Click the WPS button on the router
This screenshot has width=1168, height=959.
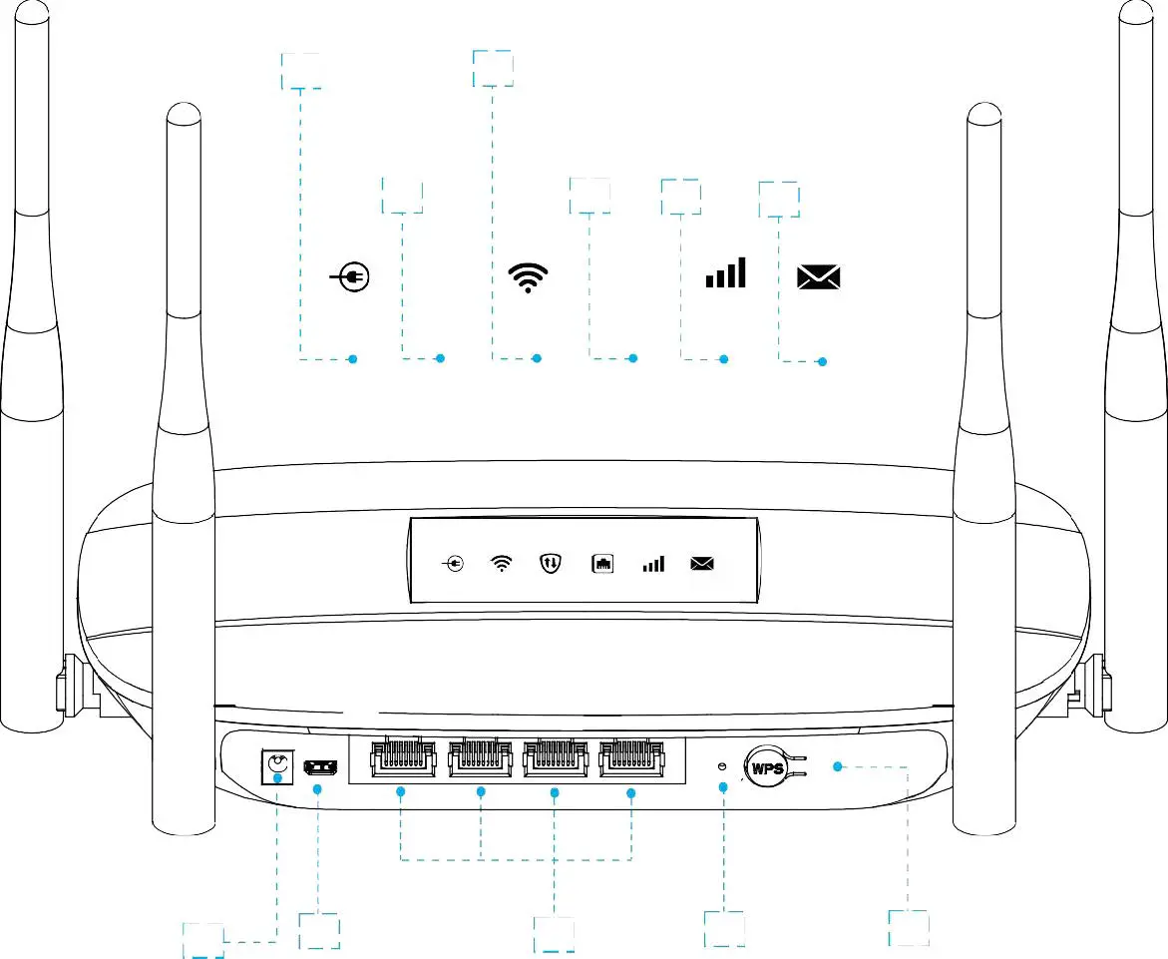click(768, 768)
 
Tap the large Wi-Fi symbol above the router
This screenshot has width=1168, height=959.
click(529, 277)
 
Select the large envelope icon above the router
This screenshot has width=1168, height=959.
click(819, 277)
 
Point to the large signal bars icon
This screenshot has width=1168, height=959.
click(725, 273)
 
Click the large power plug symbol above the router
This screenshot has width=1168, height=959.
click(350, 277)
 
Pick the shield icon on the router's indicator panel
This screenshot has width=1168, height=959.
click(551, 564)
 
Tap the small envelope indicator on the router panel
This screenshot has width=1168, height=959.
click(703, 564)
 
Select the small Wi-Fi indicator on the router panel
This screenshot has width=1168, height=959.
click(502, 564)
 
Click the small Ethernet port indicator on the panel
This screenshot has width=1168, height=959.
click(602, 564)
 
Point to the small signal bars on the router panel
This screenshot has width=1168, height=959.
click(653, 565)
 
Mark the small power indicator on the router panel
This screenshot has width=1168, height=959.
click(453, 564)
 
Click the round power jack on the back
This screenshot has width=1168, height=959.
click(276, 767)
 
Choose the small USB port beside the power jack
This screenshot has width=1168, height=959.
click(320, 767)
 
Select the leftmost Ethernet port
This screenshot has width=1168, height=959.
click(401, 760)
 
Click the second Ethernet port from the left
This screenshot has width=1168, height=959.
click(480, 760)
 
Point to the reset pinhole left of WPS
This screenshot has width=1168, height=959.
click(723, 766)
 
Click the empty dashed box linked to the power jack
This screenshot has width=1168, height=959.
click(202, 940)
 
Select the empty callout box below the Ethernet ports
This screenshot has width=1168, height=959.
click(554, 934)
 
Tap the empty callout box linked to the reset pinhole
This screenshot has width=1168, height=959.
click(723, 929)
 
